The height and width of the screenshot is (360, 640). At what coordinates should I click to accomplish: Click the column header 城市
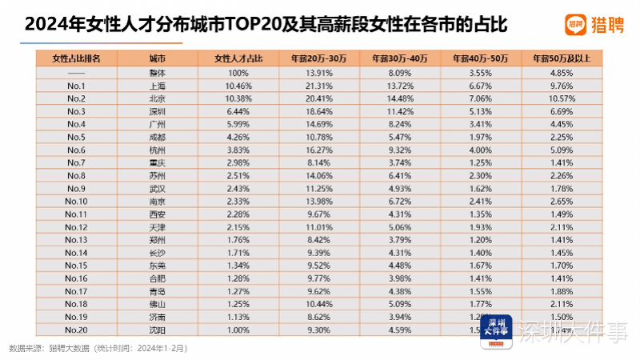click(157, 58)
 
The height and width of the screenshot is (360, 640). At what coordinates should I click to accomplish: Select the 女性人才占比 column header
click(238, 58)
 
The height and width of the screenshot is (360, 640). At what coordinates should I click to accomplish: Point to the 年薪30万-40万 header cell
click(400, 58)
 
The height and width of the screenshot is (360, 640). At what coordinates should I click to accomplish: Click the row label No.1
click(76, 85)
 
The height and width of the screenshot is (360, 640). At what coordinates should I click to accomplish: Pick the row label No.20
click(76, 330)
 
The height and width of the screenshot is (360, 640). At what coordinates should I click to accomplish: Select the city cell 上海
click(157, 85)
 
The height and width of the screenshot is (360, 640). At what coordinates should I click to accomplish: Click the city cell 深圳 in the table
click(157, 110)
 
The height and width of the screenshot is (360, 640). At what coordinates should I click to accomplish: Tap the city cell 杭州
click(157, 150)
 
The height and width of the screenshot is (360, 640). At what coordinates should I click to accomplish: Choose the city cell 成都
click(157, 137)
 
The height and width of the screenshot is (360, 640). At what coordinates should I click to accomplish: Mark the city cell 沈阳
click(157, 330)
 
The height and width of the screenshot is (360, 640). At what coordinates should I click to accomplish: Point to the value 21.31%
click(319, 85)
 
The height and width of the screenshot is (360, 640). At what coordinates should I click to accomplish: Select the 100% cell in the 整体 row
click(238, 72)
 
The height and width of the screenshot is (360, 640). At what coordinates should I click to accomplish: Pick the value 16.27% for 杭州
click(319, 150)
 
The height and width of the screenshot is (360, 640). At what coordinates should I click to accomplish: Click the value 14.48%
click(400, 98)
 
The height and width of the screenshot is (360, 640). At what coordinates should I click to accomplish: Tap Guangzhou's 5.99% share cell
click(238, 124)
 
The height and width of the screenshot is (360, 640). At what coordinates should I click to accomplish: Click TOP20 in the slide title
click(241, 24)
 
